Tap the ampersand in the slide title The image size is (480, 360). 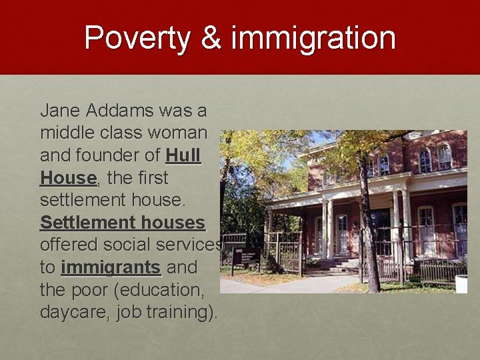pyautogui.click(x=211, y=38)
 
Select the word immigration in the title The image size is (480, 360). pyautogui.click(x=313, y=39)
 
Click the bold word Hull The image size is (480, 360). pyautogui.click(x=183, y=155)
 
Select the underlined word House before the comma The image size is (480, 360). pyautogui.click(x=68, y=178)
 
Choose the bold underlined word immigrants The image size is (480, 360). pyautogui.click(x=111, y=268)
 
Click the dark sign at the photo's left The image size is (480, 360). pyautogui.click(x=247, y=256)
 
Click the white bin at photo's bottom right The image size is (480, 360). pyautogui.click(x=461, y=283)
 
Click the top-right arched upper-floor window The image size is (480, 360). pyautogui.click(x=444, y=157)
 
